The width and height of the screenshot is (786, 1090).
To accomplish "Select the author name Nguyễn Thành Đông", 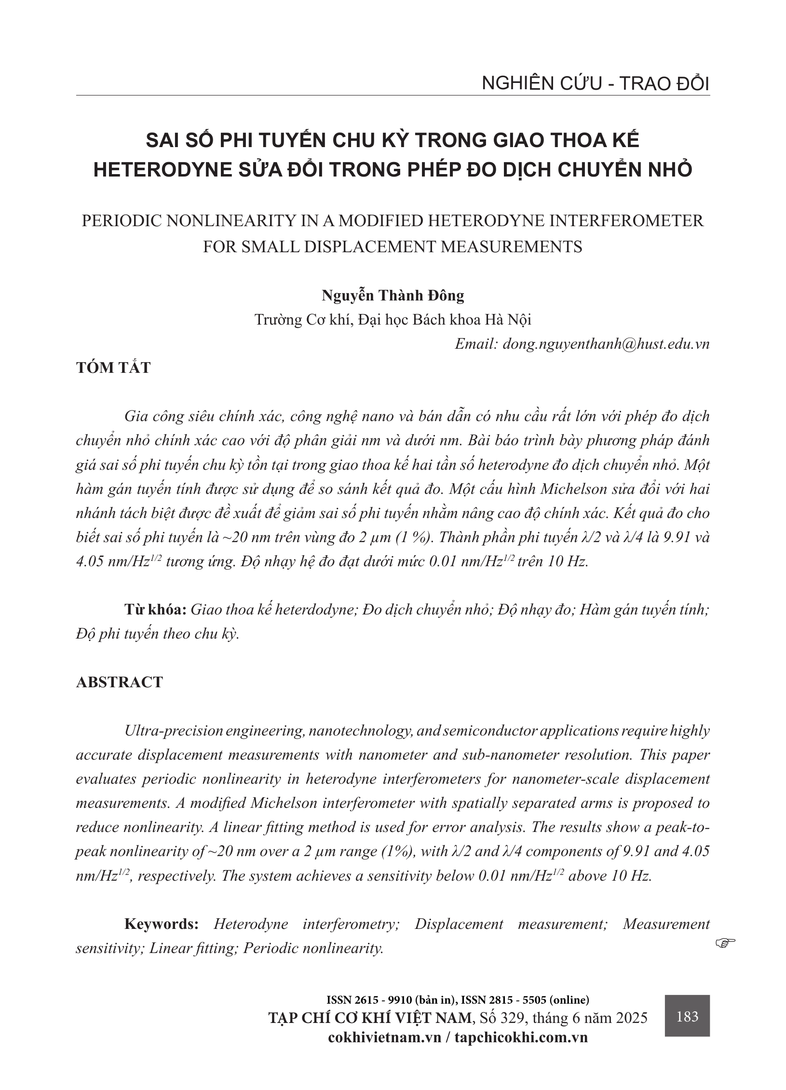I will (x=393, y=295).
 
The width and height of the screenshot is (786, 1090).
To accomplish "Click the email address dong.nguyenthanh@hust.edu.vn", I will (x=606, y=344).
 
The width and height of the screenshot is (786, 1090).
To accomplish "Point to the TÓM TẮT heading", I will (x=113, y=368).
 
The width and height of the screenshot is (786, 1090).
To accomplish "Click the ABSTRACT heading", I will (x=120, y=682).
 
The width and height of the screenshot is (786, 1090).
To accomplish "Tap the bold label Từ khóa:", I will (x=155, y=610).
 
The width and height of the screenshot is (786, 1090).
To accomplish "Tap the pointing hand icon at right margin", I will (x=725, y=941).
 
